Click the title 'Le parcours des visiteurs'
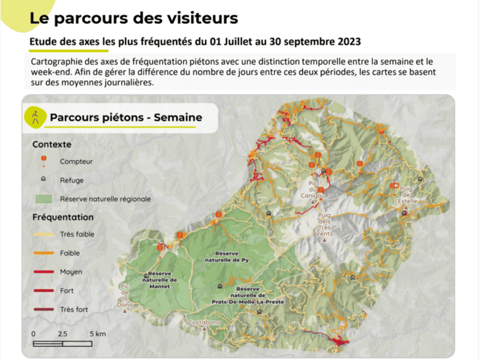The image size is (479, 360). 133,18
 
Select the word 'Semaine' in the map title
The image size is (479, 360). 178,117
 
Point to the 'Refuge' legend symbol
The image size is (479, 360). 43,180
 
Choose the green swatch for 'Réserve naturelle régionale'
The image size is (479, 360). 43,199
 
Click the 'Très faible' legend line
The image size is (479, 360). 43,234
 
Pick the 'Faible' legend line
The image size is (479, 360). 43,253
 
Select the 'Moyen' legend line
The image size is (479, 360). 43,272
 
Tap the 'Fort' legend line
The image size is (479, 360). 43,291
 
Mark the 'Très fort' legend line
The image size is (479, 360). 43,309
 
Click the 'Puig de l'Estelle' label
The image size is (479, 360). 406,196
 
